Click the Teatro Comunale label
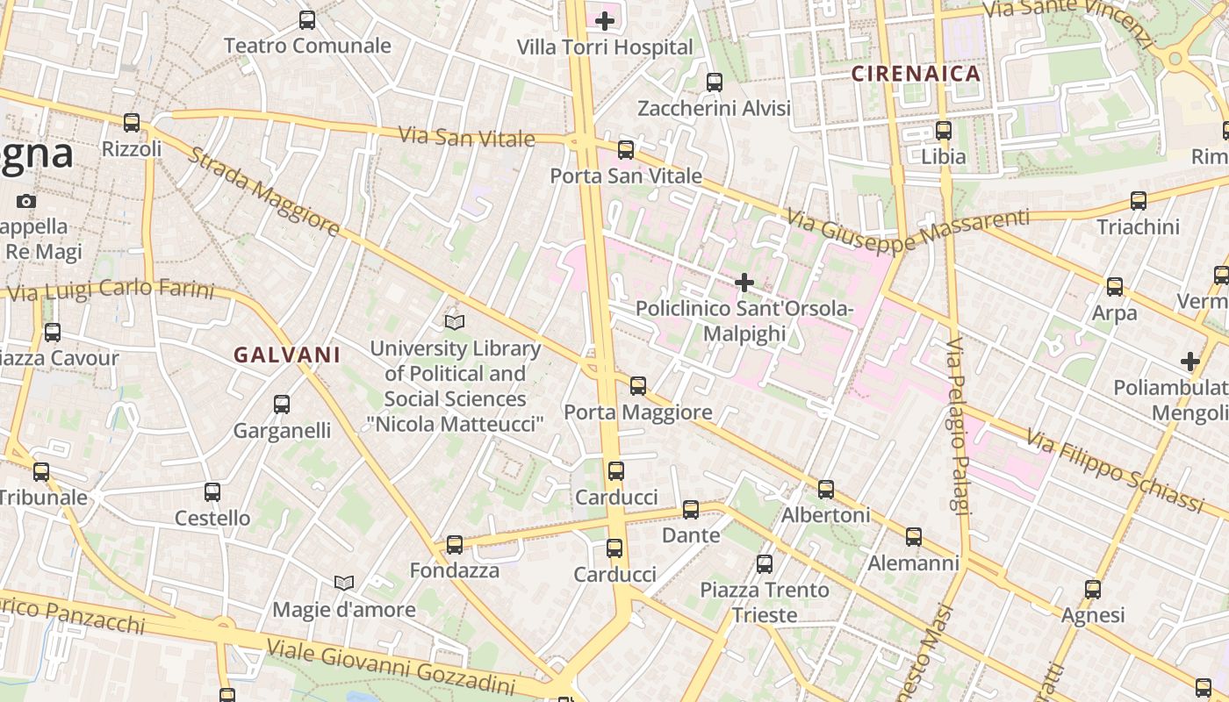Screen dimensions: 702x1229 pos(307,46)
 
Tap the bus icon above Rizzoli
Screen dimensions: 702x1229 pos(132,123)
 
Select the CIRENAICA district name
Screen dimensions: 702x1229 pos(916,74)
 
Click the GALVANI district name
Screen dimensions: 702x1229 pos(287,355)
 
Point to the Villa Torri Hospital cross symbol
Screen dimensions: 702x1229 pos(605,19)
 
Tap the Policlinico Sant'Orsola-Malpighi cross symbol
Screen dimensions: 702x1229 pos(744,283)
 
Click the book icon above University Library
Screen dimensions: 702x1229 pos(454,322)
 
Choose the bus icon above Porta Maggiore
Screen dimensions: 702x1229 pos(638,385)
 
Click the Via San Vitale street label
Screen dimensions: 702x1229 pos(466,138)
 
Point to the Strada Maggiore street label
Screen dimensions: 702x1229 pos(263,193)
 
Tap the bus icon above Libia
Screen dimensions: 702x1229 pos(944,131)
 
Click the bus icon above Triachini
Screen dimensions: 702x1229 pos(1139,200)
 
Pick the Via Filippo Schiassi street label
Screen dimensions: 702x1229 pos(1114,469)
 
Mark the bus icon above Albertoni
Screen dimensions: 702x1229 pos(826,490)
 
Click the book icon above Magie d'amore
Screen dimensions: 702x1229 pos(344,583)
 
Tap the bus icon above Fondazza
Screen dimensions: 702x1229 pos(455,544)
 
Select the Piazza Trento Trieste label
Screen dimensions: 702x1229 pos(765,602)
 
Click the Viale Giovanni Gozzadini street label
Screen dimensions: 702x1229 pos(390,666)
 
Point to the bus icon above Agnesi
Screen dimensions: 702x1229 pos(1093,590)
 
